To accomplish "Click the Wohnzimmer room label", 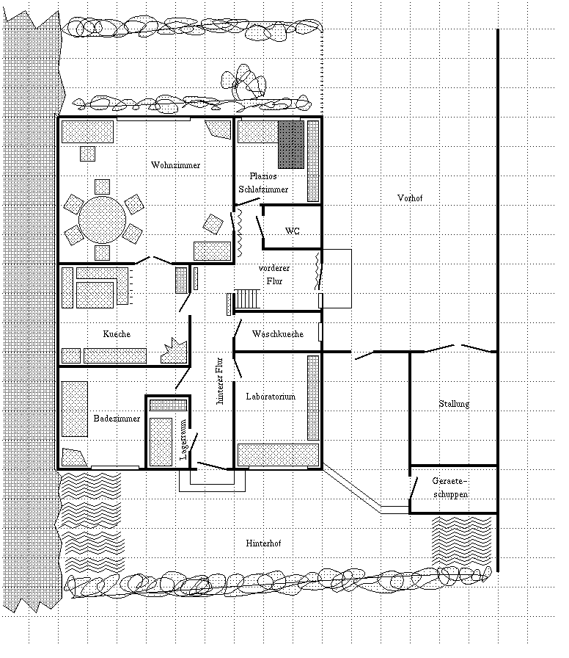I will tap(175, 164).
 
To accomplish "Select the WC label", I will tap(292, 231).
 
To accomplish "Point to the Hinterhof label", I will tap(264, 543).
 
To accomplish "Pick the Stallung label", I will tap(454, 404).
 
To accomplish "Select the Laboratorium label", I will tap(271, 397).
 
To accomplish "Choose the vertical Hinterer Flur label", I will tap(219, 381).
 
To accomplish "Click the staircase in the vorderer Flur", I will tap(247, 299).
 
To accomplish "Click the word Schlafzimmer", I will tap(263, 189).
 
